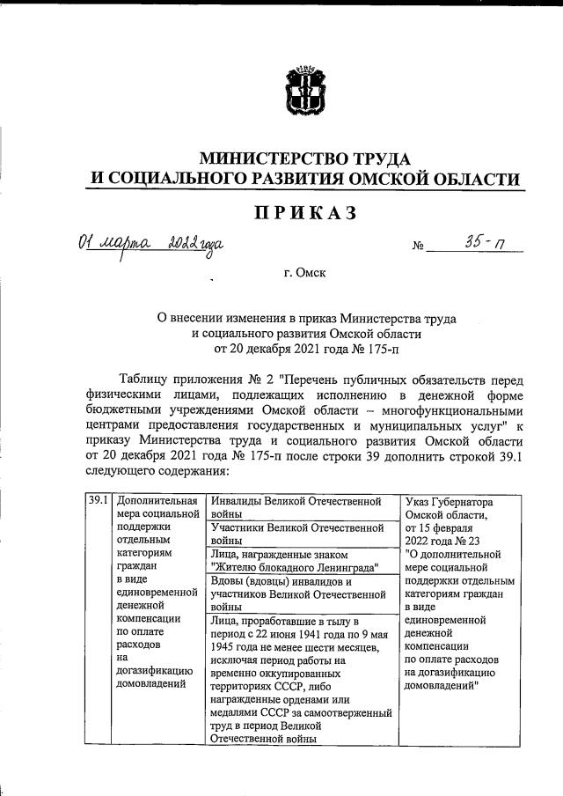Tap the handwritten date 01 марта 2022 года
coord(149,243)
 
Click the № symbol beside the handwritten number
coord(418,247)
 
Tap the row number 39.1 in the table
coord(98,502)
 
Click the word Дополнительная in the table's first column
coord(157,502)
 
